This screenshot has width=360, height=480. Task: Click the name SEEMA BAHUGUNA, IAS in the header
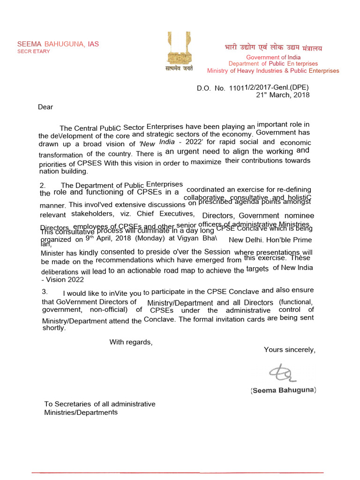click(x=58, y=44)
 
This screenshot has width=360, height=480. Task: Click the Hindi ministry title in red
click(x=272, y=48)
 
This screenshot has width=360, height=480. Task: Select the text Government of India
click(x=273, y=57)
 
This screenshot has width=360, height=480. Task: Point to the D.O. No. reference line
click(x=253, y=88)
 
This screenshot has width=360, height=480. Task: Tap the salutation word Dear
click(x=45, y=107)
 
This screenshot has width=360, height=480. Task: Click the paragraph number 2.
click(x=42, y=185)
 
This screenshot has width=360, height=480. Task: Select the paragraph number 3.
click(x=44, y=292)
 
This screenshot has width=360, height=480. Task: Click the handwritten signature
click(x=281, y=372)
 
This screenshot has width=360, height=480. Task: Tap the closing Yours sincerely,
click(x=289, y=350)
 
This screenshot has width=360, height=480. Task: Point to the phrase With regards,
click(x=131, y=342)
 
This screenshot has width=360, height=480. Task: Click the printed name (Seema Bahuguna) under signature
click(x=284, y=390)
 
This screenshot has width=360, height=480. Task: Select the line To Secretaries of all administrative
click(x=100, y=404)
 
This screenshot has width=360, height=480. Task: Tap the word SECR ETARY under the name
click(x=33, y=52)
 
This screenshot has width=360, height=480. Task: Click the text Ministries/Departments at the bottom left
click(x=81, y=412)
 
